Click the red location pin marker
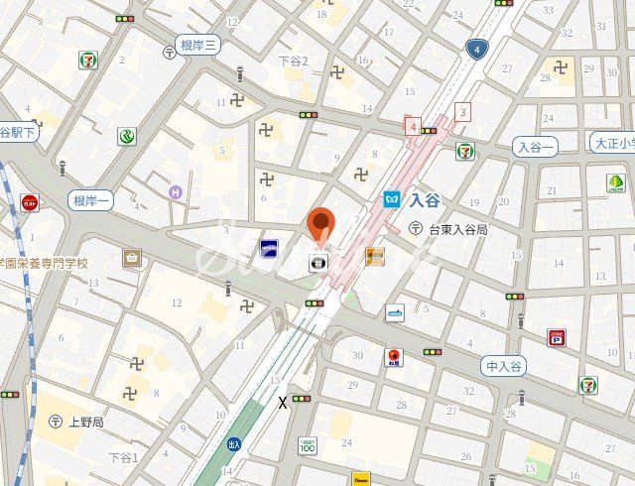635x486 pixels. [x=319, y=225]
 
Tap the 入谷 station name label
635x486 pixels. [x=424, y=198]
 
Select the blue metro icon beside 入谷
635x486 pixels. [x=392, y=198]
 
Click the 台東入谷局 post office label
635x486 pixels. [x=457, y=229]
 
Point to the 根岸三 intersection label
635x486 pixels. [x=198, y=45]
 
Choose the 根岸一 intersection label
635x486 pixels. [x=92, y=201]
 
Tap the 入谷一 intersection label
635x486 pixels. [x=537, y=147]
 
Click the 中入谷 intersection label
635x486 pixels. [x=505, y=366]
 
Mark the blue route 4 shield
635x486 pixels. [x=478, y=49]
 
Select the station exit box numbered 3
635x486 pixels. [x=461, y=111]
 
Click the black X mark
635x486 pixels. [x=283, y=403]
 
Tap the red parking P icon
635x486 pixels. [x=556, y=338]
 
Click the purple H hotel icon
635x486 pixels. [x=176, y=191]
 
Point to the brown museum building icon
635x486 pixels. [x=132, y=258]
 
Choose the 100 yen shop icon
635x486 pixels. [x=308, y=446]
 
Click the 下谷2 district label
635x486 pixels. [x=293, y=61]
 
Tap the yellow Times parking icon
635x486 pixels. [x=360, y=478]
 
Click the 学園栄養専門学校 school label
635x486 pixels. [x=44, y=264]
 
